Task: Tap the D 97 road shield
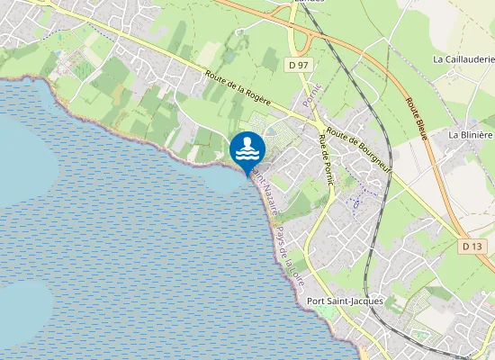(300, 66)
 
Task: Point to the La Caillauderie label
(463, 59)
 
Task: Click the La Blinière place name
(471, 134)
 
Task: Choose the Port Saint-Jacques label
(345, 301)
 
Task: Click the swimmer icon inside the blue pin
(247, 148)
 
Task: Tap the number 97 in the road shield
(303, 66)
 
